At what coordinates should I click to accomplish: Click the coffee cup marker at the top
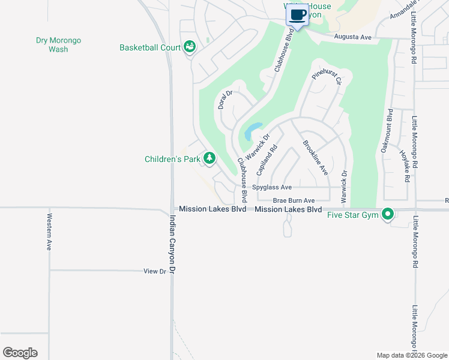pyautogui.click(x=298, y=14)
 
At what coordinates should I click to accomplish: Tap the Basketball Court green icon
pyautogui.click(x=190, y=47)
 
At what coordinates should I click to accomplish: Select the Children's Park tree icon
pyautogui.click(x=209, y=158)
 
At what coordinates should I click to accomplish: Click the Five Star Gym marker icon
pyautogui.click(x=388, y=214)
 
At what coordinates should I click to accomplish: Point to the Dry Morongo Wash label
pyautogui.click(x=58, y=44)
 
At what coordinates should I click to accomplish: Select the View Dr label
pyautogui.click(x=154, y=271)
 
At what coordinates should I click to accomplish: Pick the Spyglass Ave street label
pyautogui.click(x=271, y=187)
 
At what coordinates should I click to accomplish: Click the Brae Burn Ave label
pyautogui.click(x=294, y=200)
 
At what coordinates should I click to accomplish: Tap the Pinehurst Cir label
pyautogui.click(x=327, y=77)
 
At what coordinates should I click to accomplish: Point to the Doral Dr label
pyautogui.click(x=225, y=100)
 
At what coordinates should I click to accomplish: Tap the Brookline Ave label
pyautogui.click(x=315, y=157)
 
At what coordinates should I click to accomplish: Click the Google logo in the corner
pyautogui.click(x=20, y=353)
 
